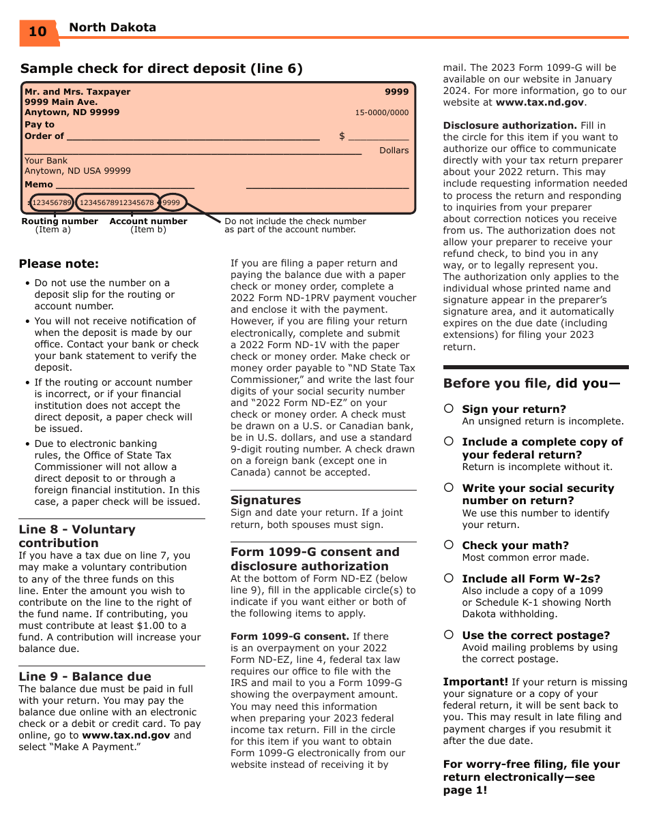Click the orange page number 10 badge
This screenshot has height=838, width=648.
coord(38,32)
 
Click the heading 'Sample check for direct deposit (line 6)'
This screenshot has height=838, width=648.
coord(162,69)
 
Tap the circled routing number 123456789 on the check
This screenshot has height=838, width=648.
coord(51,202)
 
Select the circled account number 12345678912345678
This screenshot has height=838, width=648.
coord(117,202)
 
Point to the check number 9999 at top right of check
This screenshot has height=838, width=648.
coord(396,92)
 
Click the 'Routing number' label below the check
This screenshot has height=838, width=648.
coord(59,221)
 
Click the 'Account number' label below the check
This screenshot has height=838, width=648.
coord(148,221)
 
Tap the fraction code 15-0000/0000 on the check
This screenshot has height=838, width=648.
coord(381,113)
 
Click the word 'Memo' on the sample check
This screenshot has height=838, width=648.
coord(39,185)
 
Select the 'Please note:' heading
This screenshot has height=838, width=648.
coord(59,264)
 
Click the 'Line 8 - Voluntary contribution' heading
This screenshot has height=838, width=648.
coord(77,536)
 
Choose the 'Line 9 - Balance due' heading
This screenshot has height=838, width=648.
coord(85,677)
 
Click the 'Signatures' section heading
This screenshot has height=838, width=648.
coord(265,500)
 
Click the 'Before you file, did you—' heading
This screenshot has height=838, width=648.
coord(531,384)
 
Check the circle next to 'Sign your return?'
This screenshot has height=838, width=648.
coord(449,409)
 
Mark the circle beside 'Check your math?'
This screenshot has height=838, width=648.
coord(449,545)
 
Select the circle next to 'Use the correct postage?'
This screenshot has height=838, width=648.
coord(449,635)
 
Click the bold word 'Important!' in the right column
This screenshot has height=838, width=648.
coord(475,682)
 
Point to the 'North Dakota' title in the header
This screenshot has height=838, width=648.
coord(113,27)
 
